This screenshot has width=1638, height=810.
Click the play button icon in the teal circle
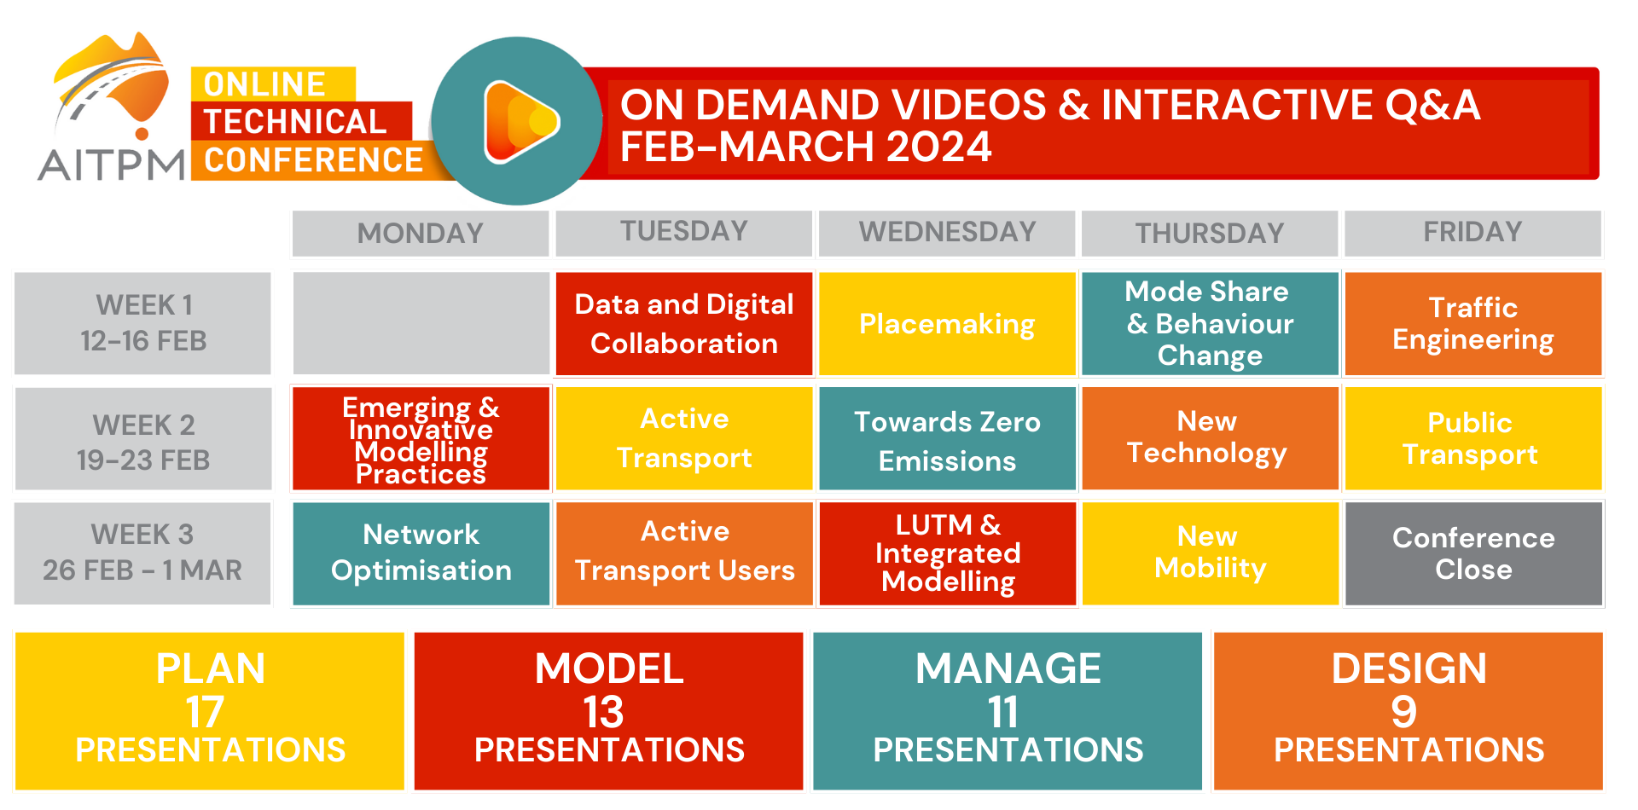[520, 122]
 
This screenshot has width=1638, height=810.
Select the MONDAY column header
[421, 233]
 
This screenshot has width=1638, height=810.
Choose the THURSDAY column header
[1210, 233]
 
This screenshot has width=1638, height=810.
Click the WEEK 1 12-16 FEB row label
[143, 323]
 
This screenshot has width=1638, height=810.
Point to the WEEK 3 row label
[143, 553]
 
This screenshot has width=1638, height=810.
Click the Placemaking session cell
[947, 324]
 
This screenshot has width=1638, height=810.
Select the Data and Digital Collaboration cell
[684, 324]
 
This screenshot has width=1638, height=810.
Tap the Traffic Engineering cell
[1473, 324]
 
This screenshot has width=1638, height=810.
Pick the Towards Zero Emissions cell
[947, 439]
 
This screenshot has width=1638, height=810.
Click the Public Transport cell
[1473, 439]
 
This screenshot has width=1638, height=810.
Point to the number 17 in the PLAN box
[205, 712]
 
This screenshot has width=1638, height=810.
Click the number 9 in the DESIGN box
[1404, 712]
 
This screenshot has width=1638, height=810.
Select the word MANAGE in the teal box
[1008, 668]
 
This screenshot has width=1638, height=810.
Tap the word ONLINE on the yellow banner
[264, 84]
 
